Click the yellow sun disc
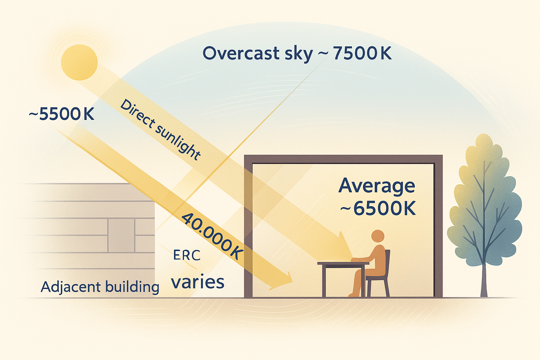(x=79, y=62)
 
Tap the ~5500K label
(x=62, y=114)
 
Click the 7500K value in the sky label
(x=362, y=53)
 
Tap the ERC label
(x=187, y=255)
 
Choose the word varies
(x=198, y=282)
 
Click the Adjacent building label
(x=100, y=287)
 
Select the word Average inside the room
(x=377, y=186)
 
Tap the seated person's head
(x=378, y=236)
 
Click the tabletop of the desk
(x=343, y=263)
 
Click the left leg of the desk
(x=324, y=281)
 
